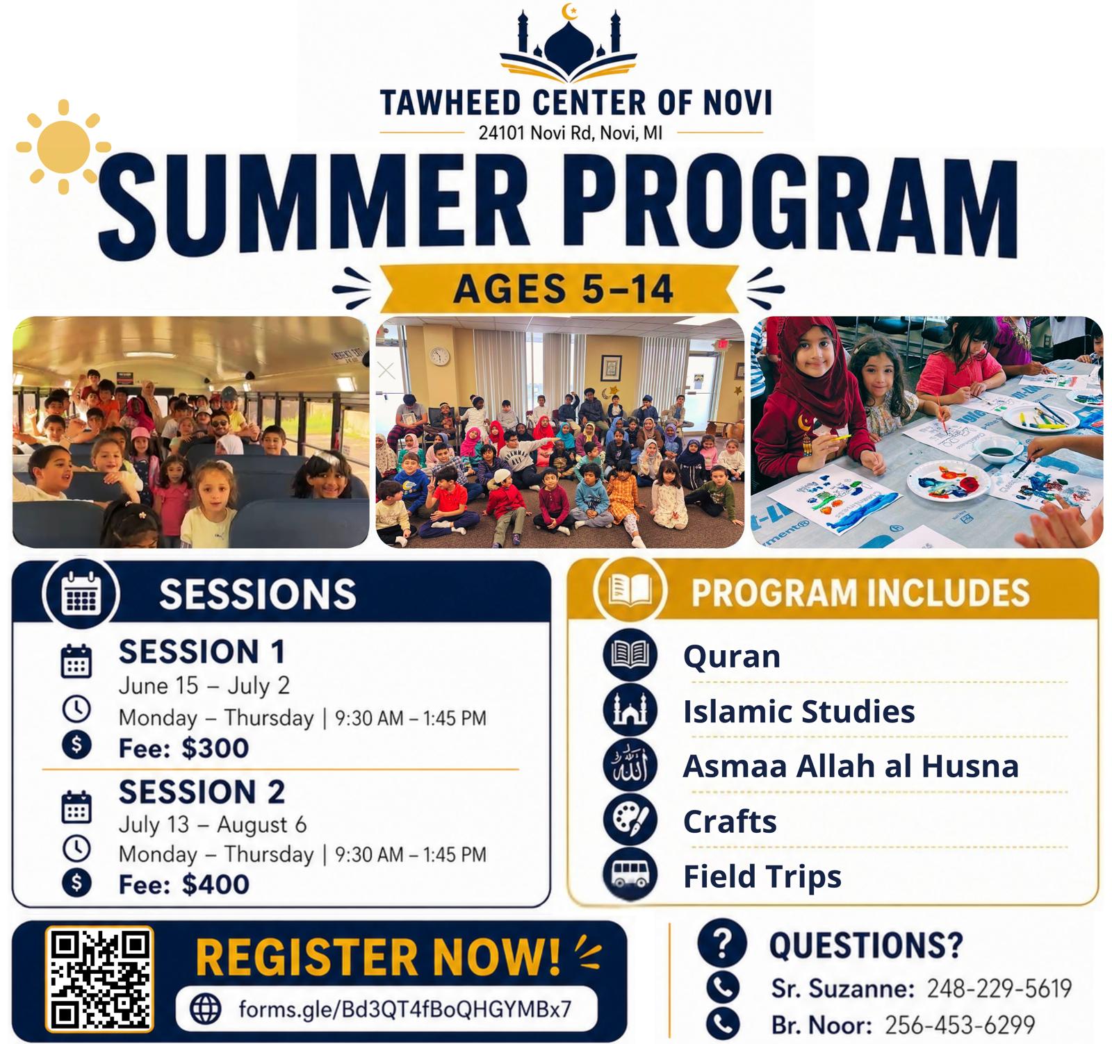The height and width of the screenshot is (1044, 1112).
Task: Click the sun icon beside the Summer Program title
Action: click(x=63, y=147)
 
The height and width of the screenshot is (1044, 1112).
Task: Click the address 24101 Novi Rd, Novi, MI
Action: click(x=571, y=132)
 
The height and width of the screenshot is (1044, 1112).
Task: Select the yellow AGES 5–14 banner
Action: click(x=564, y=288)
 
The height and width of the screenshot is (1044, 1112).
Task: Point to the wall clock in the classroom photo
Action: click(x=439, y=356)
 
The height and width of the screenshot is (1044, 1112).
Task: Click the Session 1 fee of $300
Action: click(x=183, y=748)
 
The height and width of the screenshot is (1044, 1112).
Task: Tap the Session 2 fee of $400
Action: click(x=183, y=884)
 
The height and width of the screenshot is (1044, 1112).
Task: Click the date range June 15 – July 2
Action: click(x=204, y=686)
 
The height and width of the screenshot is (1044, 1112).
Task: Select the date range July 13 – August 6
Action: click(x=212, y=825)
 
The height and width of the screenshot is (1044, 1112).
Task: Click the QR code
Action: click(x=99, y=980)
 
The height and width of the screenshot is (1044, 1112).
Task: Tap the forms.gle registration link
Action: click(x=404, y=1009)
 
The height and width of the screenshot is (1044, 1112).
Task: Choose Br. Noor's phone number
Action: click(x=960, y=1025)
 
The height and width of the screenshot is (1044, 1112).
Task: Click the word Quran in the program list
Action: click(x=732, y=656)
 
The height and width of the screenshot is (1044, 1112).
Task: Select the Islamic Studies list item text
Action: click(x=799, y=711)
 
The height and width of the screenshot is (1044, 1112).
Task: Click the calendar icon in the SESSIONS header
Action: click(x=81, y=595)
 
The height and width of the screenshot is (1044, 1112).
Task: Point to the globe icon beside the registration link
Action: click(x=206, y=1009)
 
